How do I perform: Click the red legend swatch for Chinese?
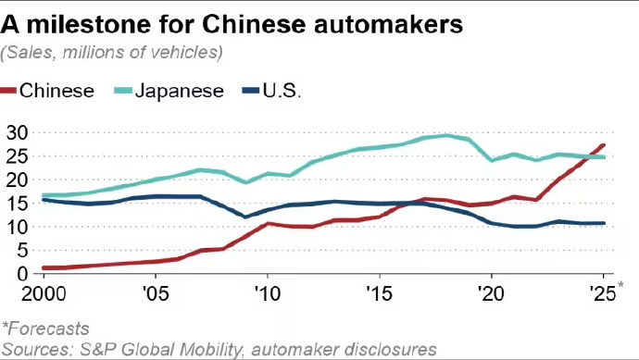point(11,90)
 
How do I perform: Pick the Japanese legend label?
point(179,90)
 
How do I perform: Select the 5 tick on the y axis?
point(24,250)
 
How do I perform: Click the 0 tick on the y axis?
point(24,274)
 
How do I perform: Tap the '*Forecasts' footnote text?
point(45,328)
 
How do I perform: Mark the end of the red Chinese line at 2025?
point(606,144)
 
